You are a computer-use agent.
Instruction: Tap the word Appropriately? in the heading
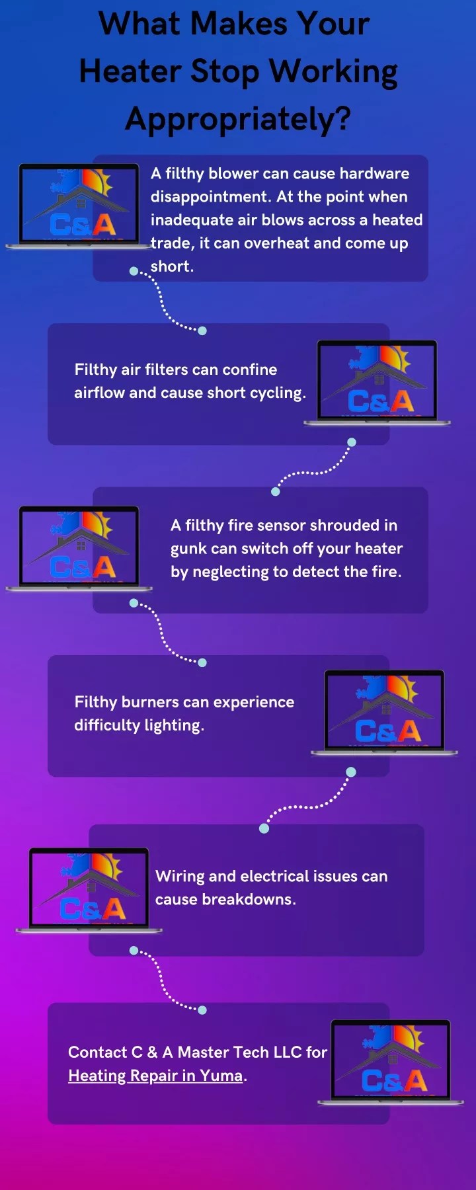tap(238, 119)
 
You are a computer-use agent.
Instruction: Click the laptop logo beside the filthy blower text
tap(79, 206)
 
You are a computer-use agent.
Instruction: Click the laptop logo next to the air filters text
tap(377, 382)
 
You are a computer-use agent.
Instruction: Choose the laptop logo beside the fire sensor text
tap(79, 547)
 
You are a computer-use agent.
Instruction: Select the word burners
tap(148, 702)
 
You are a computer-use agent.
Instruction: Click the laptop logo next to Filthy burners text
tap(384, 712)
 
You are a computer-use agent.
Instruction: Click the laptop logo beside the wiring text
tap(89, 890)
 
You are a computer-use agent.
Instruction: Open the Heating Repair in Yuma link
tap(155, 1076)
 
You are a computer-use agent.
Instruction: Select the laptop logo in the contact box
tap(391, 1062)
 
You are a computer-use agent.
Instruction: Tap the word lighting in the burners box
tap(175, 725)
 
